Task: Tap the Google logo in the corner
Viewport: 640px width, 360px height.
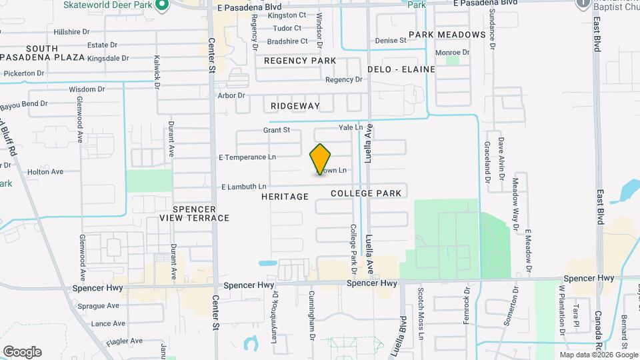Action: click(22, 352)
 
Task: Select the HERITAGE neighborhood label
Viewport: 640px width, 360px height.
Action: click(285, 197)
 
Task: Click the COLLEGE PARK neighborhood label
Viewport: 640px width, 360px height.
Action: click(365, 193)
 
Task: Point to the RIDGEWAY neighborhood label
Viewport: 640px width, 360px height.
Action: click(295, 106)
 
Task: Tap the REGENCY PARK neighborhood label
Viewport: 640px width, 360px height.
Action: click(299, 61)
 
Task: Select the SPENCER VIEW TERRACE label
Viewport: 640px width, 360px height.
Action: click(194, 213)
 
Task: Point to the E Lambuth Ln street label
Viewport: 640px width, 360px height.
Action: click(243, 187)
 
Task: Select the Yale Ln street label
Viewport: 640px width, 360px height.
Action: click(351, 127)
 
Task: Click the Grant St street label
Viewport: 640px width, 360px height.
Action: click(277, 130)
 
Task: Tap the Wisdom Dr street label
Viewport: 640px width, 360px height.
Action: click(83, 89)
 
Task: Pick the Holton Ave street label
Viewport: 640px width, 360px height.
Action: click(45, 171)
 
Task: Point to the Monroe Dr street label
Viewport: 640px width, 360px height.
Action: click(452, 52)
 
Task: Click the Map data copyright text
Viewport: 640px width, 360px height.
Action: click(598, 355)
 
